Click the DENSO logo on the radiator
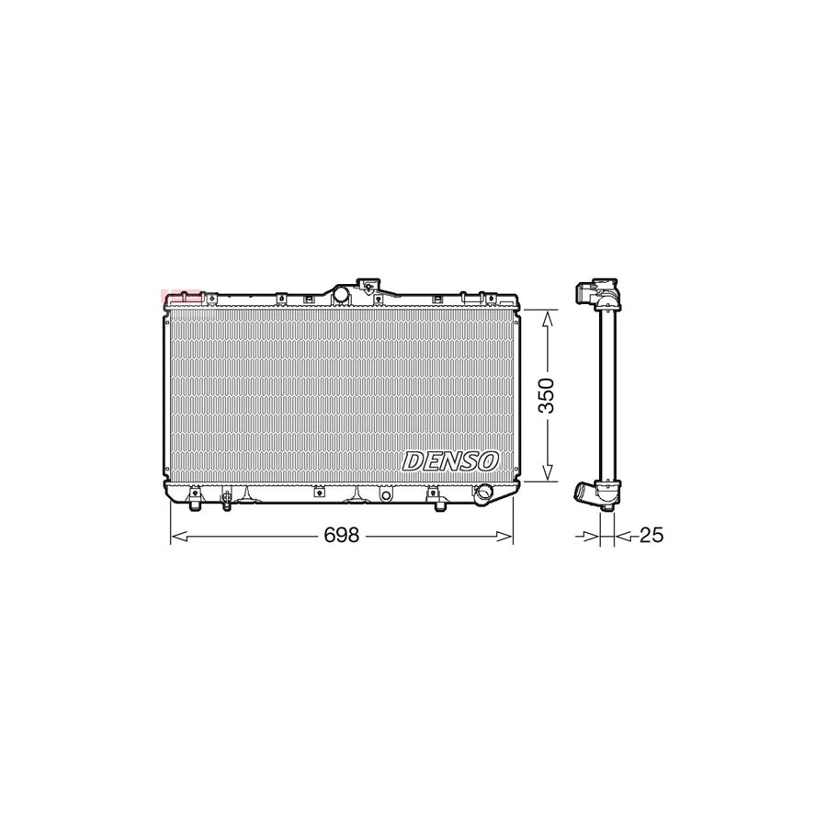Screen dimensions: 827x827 pos(450,461)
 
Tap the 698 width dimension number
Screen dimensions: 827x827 pos(342,536)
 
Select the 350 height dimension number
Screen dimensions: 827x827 pos(548,395)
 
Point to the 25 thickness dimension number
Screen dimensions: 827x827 pos(651,535)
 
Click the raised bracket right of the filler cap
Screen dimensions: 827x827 pos(369,288)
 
